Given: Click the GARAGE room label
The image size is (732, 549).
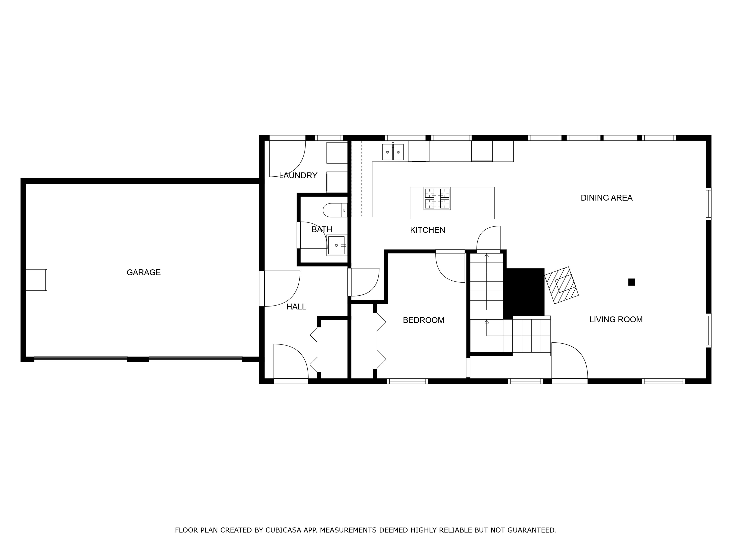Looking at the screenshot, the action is [x=144, y=272].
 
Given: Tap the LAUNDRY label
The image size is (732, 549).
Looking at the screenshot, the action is [x=298, y=175].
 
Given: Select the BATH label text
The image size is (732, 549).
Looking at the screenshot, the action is [x=322, y=229].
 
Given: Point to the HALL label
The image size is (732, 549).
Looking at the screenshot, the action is [x=296, y=307].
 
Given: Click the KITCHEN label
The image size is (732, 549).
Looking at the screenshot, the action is [x=427, y=230].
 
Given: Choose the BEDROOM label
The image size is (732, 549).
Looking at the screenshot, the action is [x=424, y=320].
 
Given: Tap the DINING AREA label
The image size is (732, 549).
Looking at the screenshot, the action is [x=607, y=198].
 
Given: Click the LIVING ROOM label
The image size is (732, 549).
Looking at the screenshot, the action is [x=616, y=320].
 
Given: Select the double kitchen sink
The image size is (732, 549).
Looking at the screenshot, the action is [x=393, y=152].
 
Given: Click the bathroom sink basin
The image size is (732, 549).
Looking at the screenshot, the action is [x=336, y=245].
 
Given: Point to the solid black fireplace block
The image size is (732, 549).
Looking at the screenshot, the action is [x=524, y=292].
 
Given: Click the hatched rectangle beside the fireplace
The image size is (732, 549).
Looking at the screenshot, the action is [x=562, y=285].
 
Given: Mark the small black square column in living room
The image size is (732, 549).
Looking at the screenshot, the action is [x=631, y=282].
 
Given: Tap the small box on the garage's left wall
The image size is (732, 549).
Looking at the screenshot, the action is [x=36, y=280].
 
